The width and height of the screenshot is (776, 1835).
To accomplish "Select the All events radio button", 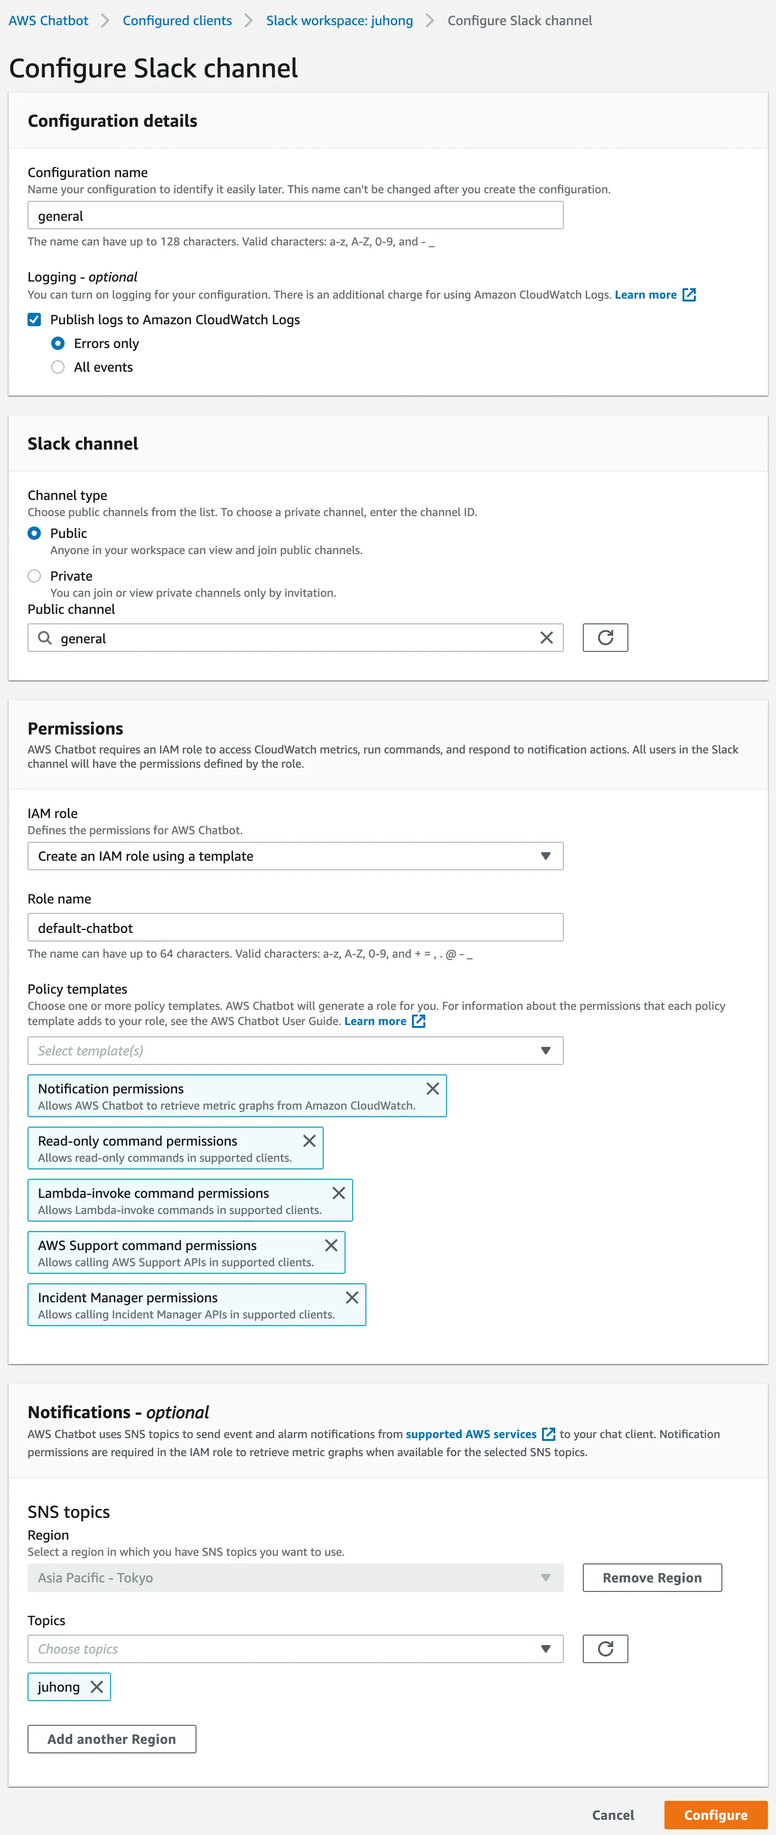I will coord(58,367).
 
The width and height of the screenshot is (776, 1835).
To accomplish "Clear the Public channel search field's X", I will coord(546,638).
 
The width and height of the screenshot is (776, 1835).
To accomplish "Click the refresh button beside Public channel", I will coord(605,638).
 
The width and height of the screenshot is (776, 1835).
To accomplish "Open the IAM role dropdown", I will coord(295,856).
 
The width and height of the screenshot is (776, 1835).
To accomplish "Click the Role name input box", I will coord(295,928).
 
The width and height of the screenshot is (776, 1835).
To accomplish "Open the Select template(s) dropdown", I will coord(295,1051).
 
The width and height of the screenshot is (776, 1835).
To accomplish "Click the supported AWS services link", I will coord(471,1434).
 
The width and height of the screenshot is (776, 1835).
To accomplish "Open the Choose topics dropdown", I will coord(295,1649).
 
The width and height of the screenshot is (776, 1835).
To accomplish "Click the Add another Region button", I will coord(112,1739).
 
